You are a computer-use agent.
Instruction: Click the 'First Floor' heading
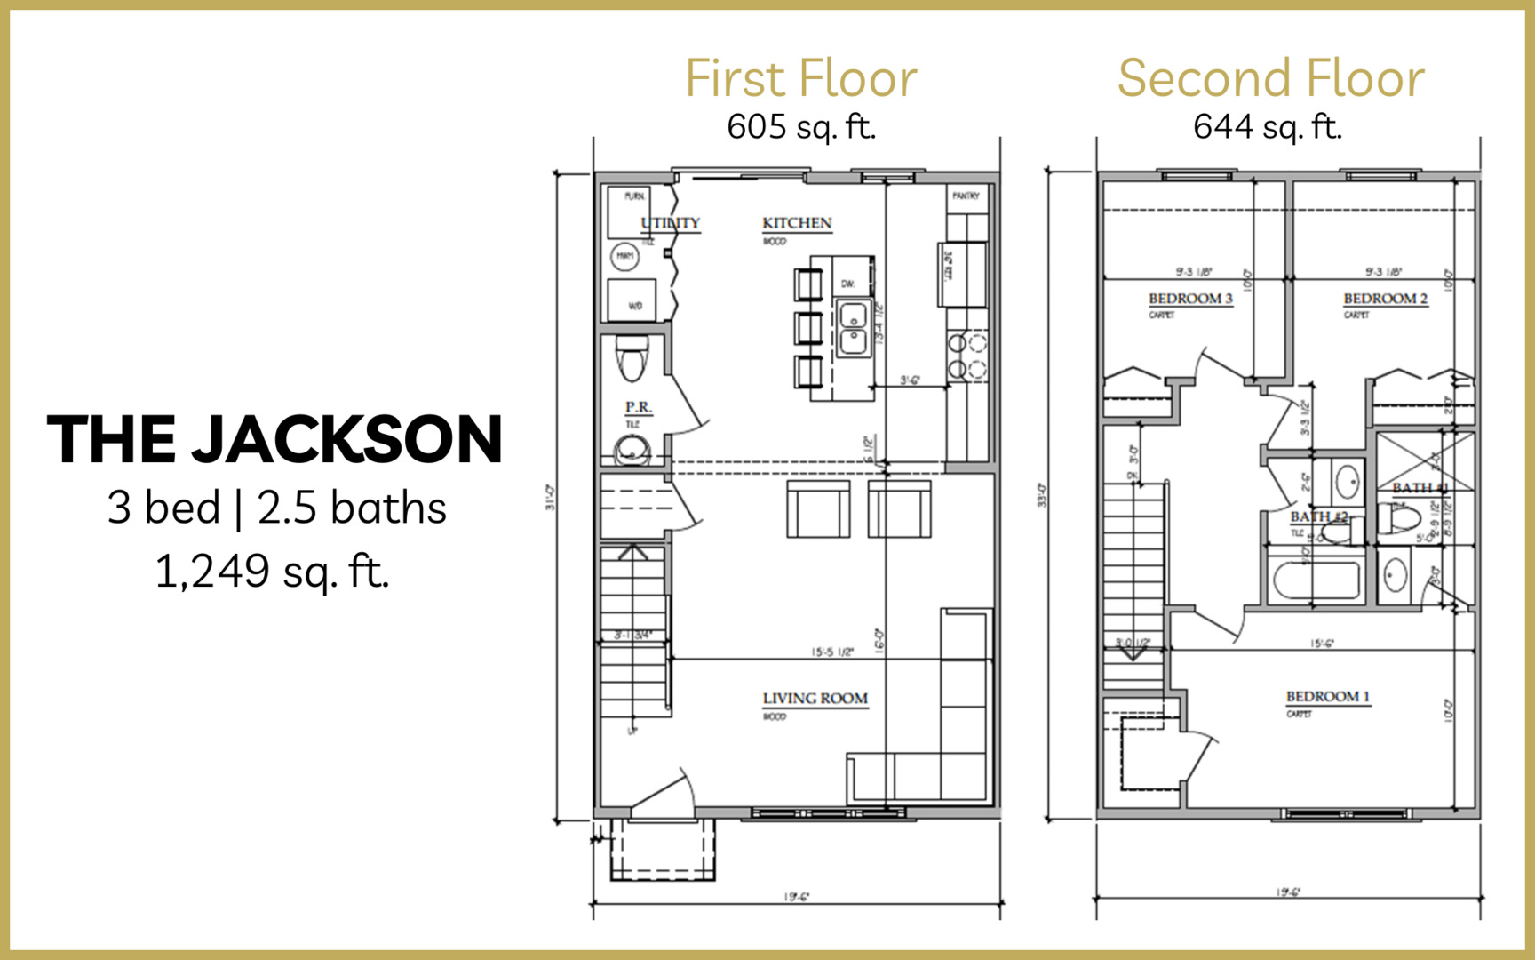coord(800,79)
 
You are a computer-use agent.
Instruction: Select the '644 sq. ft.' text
coord(1267,127)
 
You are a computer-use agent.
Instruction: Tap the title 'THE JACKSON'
coord(274,439)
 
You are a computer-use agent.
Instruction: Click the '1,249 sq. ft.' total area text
coord(272,572)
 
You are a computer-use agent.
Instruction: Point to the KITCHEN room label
coord(797,223)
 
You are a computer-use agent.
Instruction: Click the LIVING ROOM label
coord(815,699)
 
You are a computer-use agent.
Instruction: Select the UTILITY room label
coord(671,223)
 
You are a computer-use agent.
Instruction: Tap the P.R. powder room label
coord(638,407)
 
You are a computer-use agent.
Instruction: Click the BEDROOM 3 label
coord(1190,299)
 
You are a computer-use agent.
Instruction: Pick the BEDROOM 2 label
coord(1385,299)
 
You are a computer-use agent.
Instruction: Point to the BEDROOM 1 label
coord(1327,697)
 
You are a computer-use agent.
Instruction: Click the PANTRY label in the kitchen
coord(966,196)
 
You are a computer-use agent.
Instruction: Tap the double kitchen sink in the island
coord(853,328)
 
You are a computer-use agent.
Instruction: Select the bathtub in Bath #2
coord(1316,581)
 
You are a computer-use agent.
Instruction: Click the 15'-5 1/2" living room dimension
coord(831,652)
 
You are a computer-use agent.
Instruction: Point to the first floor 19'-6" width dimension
coord(796,897)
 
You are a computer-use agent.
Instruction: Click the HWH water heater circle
coord(624,257)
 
